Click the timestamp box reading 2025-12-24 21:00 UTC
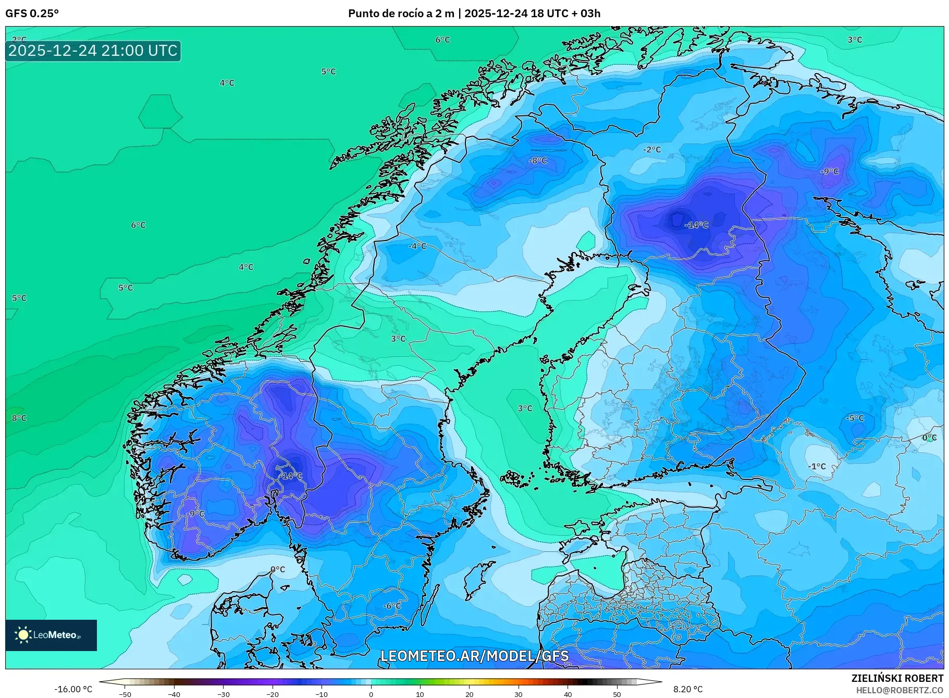pyautogui.click(x=93, y=51)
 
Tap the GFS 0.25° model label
pyautogui.click(x=32, y=14)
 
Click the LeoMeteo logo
pyautogui.click(x=51, y=635)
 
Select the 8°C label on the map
pyautogui.click(x=19, y=418)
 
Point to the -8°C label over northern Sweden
pyautogui.click(x=538, y=161)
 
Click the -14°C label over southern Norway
pyautogui.click(x=291, y=476)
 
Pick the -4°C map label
pyautogui.click(x=417, y=246)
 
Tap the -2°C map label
pyautogui.click(x=651, y=150)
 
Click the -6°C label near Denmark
pyautogui.click(x=392, y=606)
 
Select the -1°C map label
pyautogui.click(x=817, y=466)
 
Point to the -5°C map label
pyautogui.click(x=855, y=418)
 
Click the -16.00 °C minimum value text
pyautogui.click(x=73, y=689)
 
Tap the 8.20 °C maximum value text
pyautogui.click(x=688, y=689)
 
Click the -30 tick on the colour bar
pyautogui.click(x=223, y=694)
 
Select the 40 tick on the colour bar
pyautogui.click(x=568, y=694)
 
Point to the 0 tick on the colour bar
pyautogui.click(x=371, y=694)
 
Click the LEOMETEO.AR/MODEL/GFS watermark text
pyautogui.click(x=474, y=656)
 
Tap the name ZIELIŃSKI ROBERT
pyautogui.click(x=897, y=678)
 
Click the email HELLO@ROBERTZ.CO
pyautogui.click(x=899, y=690)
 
